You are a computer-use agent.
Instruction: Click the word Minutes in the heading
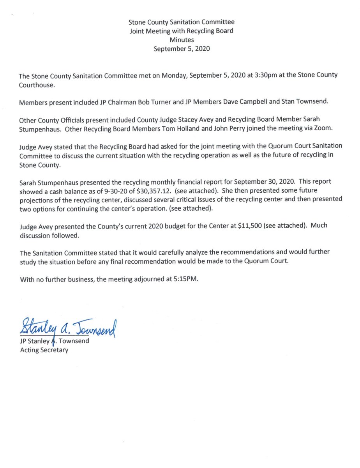tap(182, 40)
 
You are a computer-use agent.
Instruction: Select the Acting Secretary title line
tap(44, 350)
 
